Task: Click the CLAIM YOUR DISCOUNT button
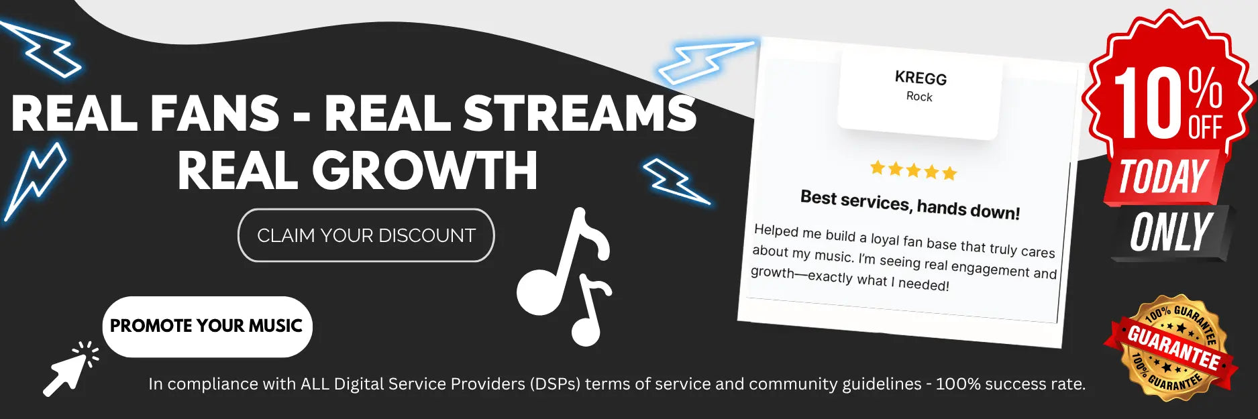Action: [366, 235]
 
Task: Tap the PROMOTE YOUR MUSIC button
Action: [207, 326]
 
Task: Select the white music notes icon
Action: [564, 276]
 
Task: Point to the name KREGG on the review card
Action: [921, 78]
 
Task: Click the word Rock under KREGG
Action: [919, 97]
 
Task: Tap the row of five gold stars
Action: [913, 170]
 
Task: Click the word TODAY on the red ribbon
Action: [1163, 177]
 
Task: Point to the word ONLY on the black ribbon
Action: [1171, 233]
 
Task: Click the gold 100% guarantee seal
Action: [1173, 347]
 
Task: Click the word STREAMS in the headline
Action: [580, 113]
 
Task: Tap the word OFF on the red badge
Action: [1206, 127]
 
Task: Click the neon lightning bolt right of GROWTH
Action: [676, 180]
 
